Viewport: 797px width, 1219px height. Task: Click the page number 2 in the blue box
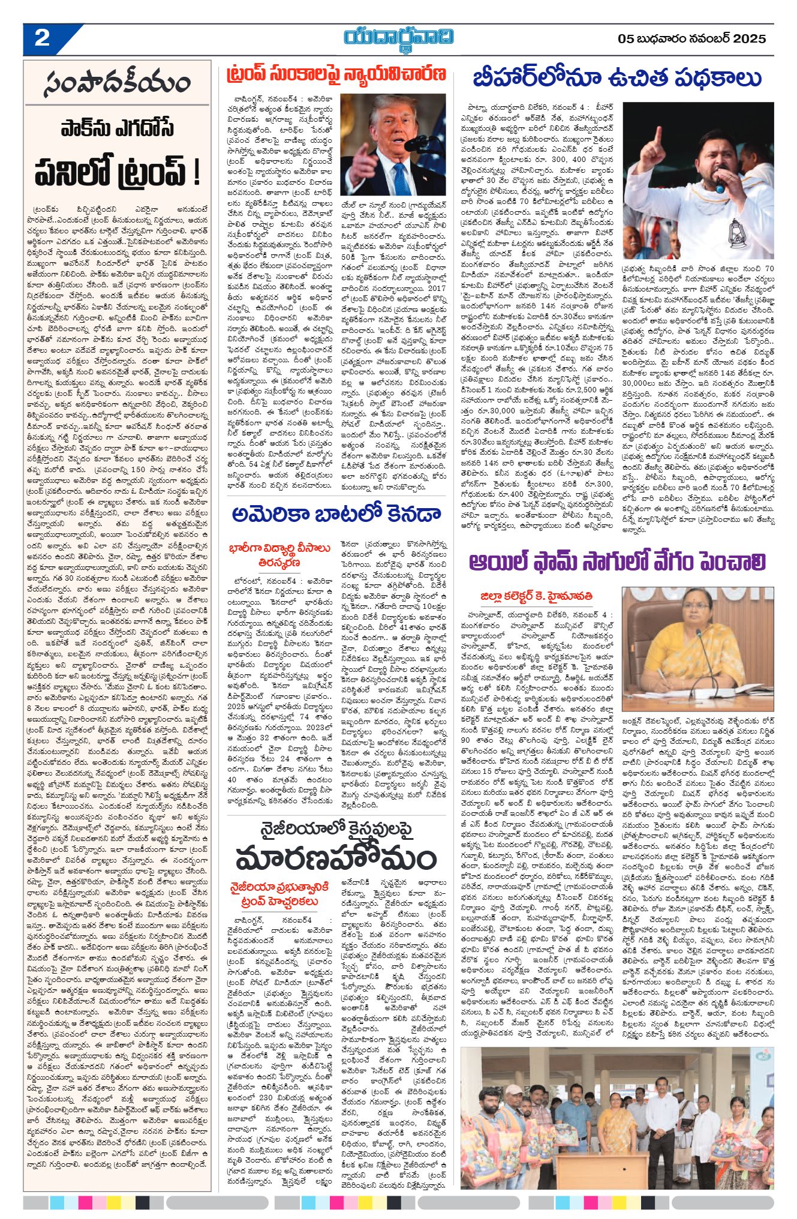point(42,38)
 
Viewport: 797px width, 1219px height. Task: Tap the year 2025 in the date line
point(748,39)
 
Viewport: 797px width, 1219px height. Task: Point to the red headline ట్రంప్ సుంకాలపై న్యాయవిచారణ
point(336,74)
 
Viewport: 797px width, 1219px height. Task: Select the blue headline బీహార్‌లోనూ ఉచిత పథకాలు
point(616,79)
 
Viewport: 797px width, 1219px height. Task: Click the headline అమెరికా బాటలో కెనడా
point(336,514)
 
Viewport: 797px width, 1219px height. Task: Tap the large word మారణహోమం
point(336,858)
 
